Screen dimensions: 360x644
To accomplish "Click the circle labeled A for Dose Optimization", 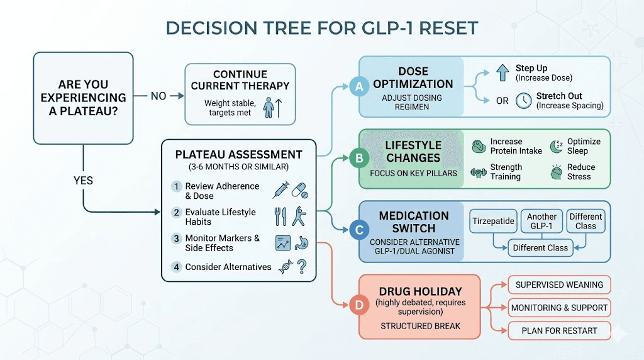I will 359,87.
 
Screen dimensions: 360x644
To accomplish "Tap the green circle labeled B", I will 359,159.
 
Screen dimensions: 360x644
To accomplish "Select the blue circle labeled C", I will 359,230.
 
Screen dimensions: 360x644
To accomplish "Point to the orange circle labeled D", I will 359,307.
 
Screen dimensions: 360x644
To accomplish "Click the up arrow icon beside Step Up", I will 502,72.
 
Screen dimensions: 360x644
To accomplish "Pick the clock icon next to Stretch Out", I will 523,101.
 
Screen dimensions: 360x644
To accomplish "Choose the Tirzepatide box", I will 494,221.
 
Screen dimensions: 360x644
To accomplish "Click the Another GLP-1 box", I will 541,221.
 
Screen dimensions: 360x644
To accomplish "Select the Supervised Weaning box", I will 559,284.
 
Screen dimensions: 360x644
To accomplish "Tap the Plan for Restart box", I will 559,330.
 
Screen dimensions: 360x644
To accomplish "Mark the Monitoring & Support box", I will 559,308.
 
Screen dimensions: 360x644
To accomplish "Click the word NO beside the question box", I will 158,96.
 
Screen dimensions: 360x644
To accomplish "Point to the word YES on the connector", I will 82,181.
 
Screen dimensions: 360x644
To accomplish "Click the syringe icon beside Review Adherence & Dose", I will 280,189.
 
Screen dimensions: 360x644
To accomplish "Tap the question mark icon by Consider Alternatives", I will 302,267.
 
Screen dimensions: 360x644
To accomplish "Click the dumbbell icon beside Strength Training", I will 479,172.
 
